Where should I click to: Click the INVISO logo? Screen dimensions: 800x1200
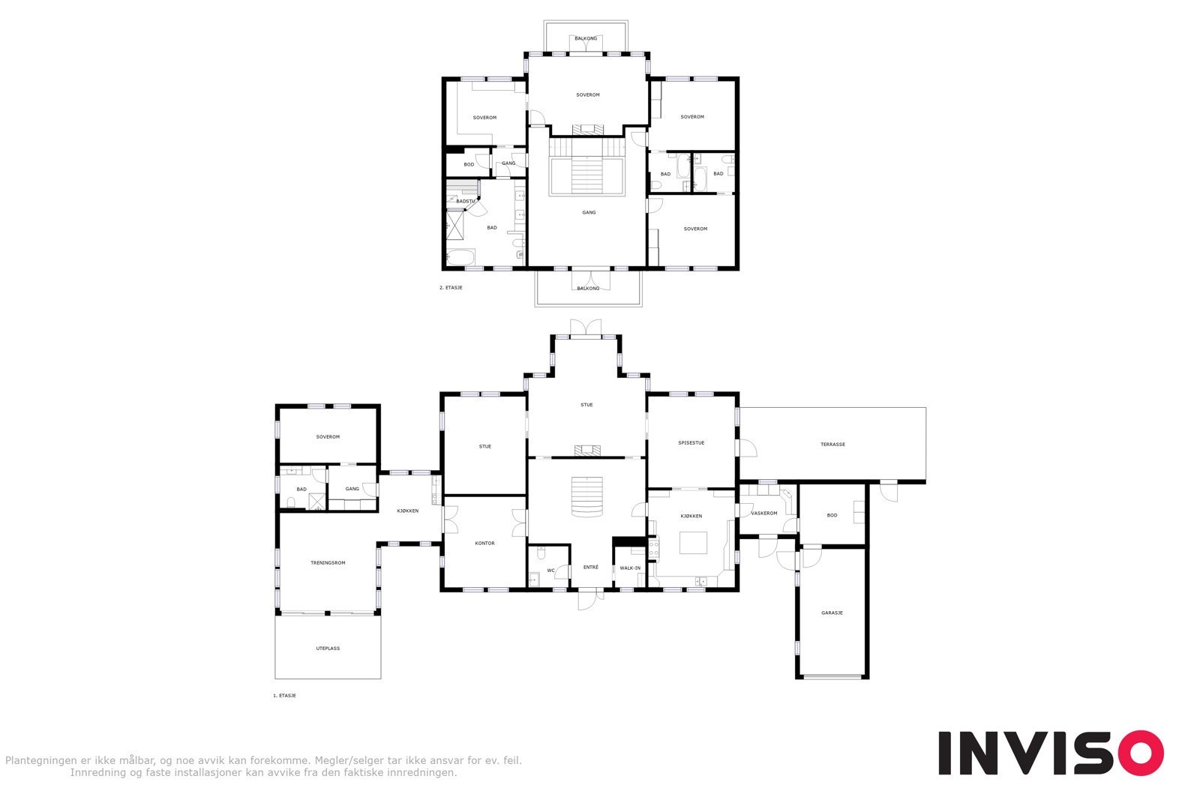pos(1050,753)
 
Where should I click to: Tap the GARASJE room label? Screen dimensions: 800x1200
pos(832,613)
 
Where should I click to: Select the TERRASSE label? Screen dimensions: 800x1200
pos(832,444)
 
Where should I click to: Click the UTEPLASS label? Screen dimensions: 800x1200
pos(328,648)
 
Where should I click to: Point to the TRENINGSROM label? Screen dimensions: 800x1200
pos(328,562)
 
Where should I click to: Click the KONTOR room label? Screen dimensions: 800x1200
pos(484,543)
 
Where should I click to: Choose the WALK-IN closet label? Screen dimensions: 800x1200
pos(630,568)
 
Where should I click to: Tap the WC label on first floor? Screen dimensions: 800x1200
pos(550,571)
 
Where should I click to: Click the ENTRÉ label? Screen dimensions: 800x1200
pos(591,567)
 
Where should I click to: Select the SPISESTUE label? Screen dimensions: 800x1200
pos(691,442)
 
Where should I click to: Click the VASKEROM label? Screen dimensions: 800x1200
pos(764,513)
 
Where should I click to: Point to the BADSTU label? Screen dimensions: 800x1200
pos(465,201)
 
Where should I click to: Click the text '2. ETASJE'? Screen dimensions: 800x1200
pos(451,287)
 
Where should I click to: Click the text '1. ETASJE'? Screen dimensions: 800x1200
pos(284,695)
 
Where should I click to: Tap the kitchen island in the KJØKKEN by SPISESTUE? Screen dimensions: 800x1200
pos(694,542)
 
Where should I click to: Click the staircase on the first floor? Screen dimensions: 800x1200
pos(586,496)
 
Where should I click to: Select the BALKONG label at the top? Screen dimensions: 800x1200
pos(586,38)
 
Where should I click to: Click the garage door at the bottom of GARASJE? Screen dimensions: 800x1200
pos(832,676)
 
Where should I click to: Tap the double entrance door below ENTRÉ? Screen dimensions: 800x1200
pos(590,598)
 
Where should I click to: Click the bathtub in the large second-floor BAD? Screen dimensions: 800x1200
pos(459,257)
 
